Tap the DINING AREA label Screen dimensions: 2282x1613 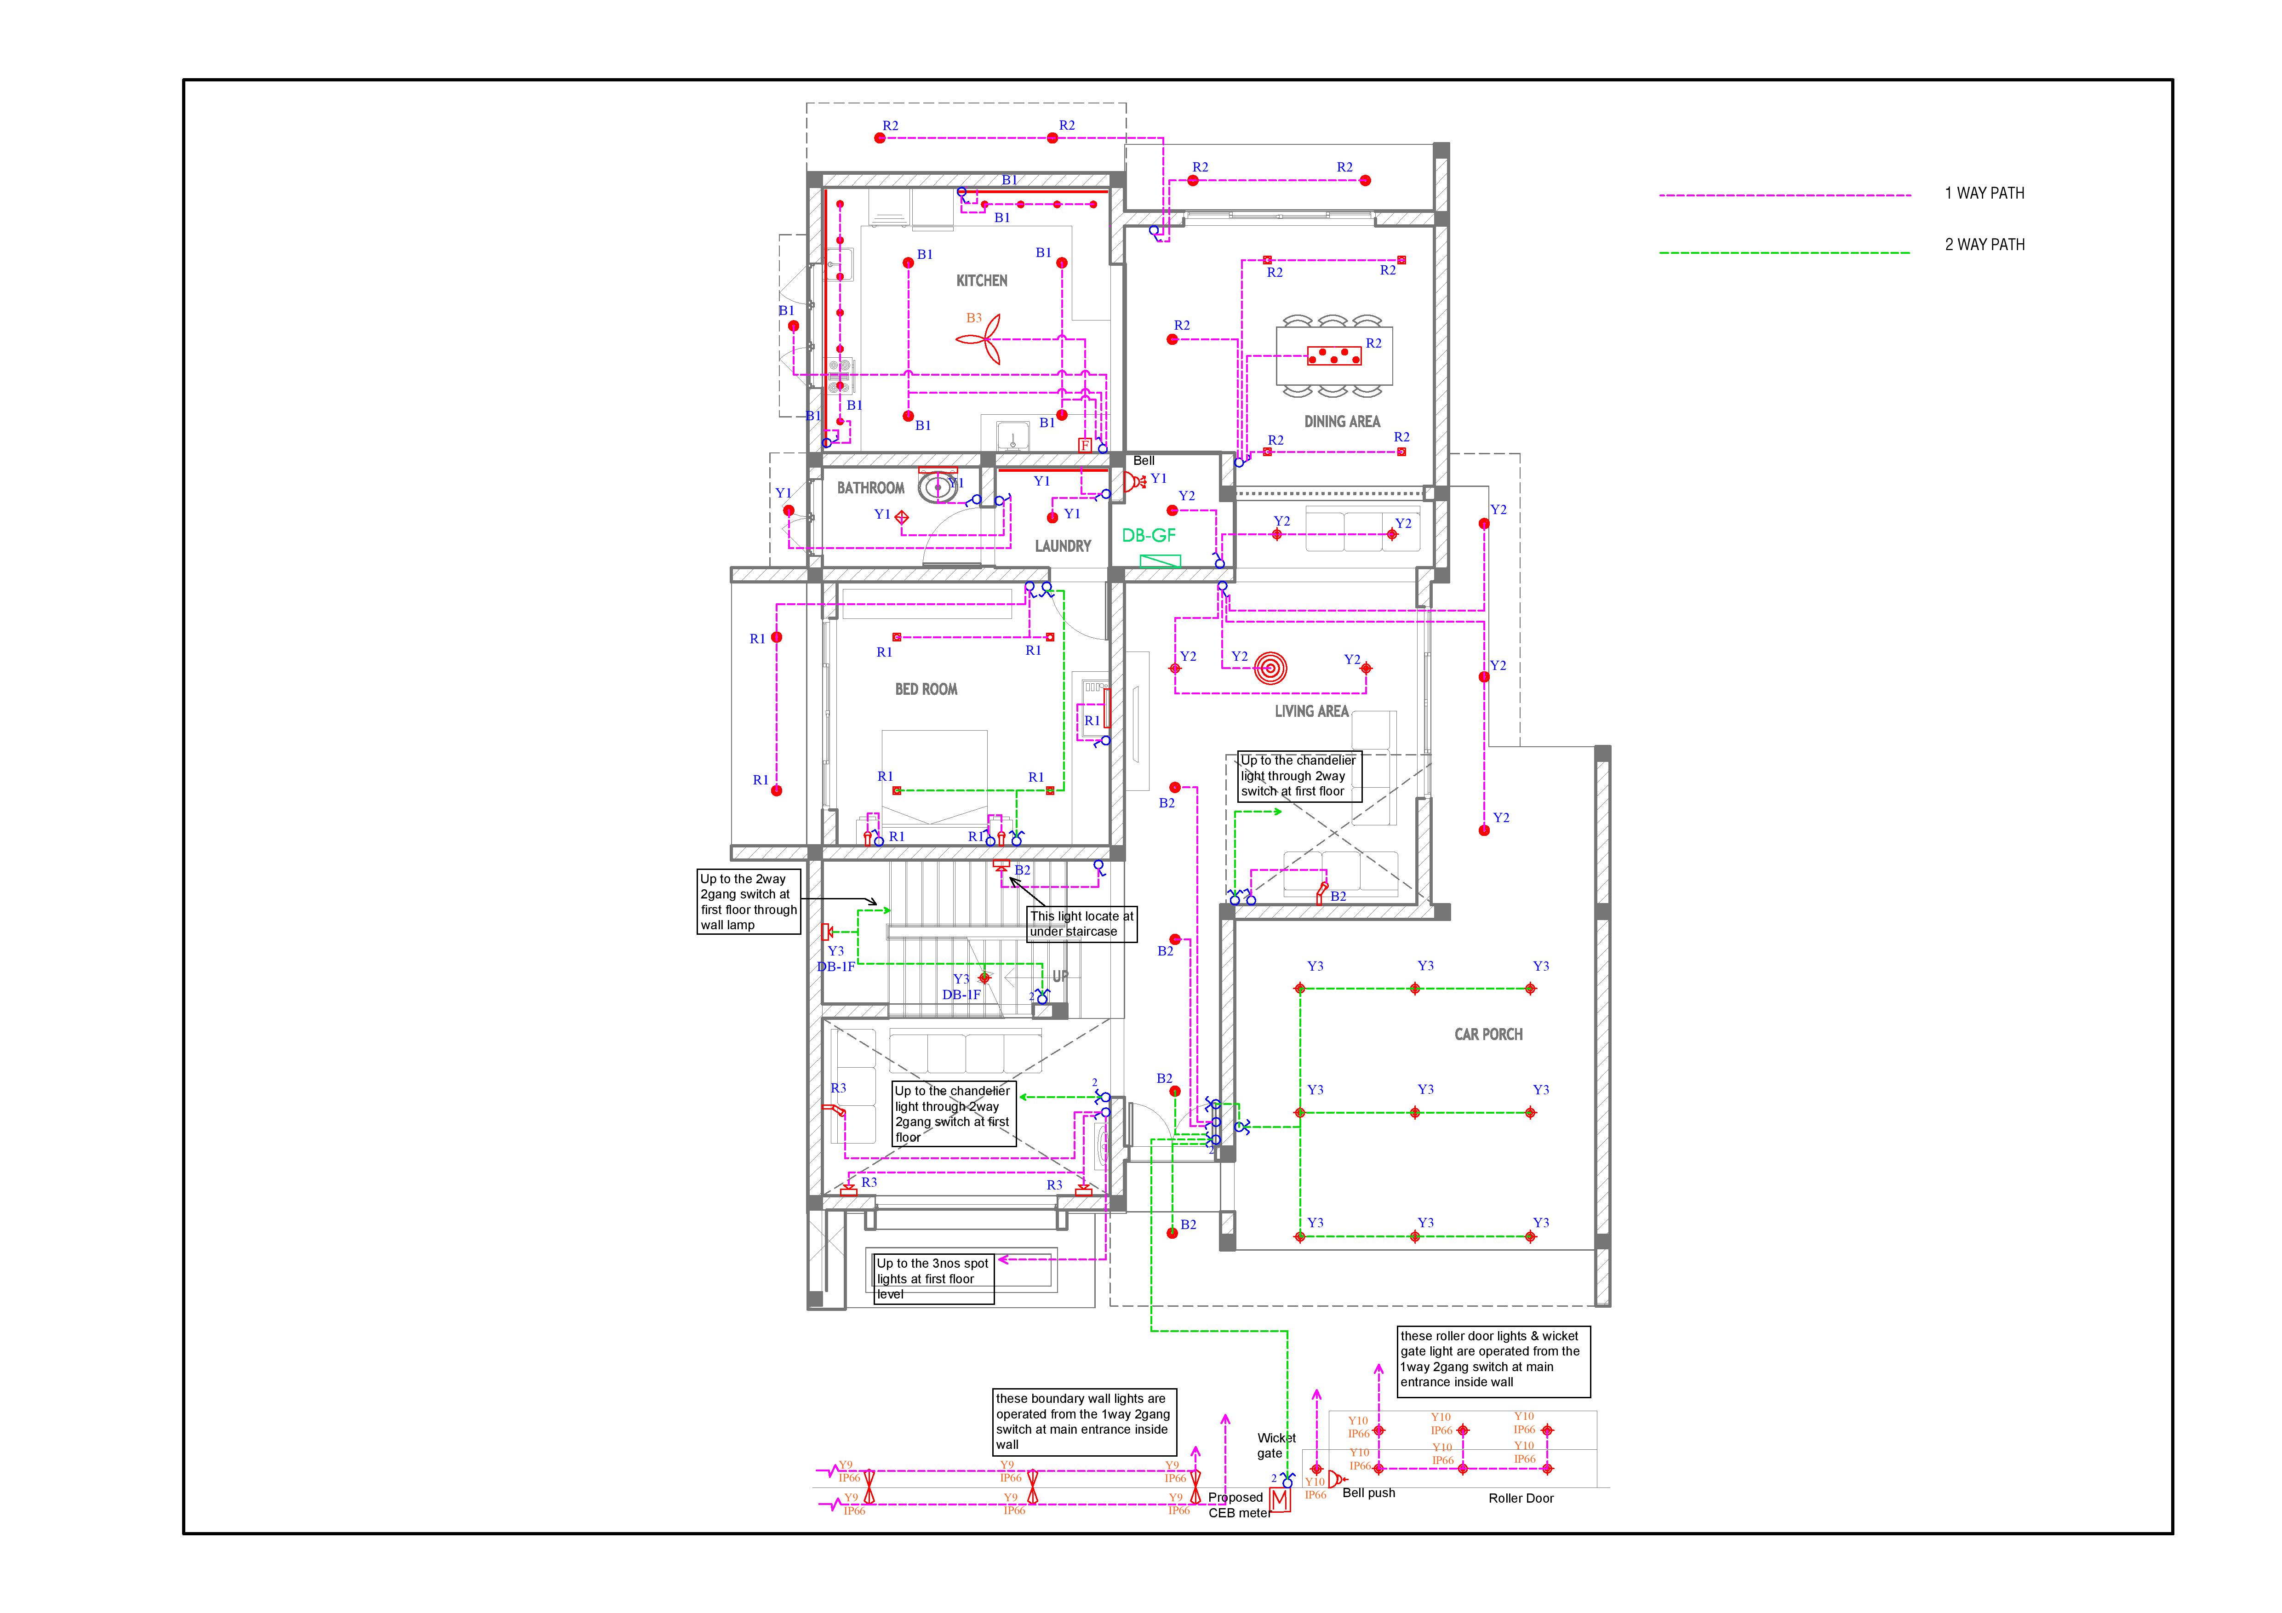[1342, 421]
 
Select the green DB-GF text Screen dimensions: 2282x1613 [1149, 536]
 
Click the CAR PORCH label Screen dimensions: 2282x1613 [1488, 1035]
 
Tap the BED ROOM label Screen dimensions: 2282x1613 [927, 689]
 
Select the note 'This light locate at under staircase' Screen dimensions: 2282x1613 [1081, 924]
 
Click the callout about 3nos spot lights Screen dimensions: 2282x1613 [933, 1279]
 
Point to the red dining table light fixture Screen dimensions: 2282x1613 [1334, 355]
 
